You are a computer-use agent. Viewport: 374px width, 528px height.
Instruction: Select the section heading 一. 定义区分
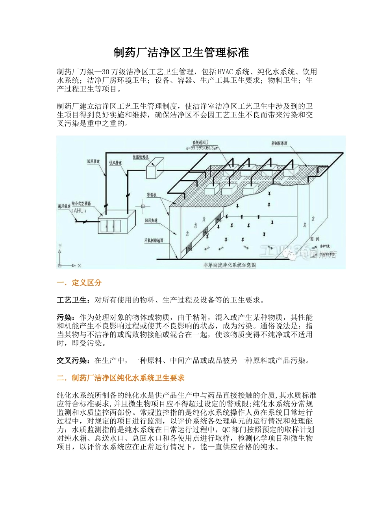pyautogui.click(x=79, y=282)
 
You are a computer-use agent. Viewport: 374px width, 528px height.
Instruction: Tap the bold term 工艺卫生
pyautogui.click(x=72, y=300)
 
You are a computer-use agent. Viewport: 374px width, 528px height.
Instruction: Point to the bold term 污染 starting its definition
pyautogui.click(x=64, y=317)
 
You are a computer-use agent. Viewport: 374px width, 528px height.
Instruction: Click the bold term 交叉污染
pyautogui.click(x=72, y=361)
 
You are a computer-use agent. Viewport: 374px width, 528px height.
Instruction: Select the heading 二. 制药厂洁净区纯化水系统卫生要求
pyautogui.click(x=120, y=378)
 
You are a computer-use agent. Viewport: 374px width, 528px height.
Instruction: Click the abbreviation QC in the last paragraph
pyautogui.click(x=227, y=430)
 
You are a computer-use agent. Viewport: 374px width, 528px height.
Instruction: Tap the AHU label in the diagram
pyautogui.click(x=79, y=211)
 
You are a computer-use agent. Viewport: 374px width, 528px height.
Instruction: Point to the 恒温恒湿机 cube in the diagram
pyautogui.click(x=155, y=167)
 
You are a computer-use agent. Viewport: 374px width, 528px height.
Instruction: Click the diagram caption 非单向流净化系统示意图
pyautogui.click(x=230, y=265)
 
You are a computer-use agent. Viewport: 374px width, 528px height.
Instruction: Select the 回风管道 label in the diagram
pyautogui.click(x=93, y=161)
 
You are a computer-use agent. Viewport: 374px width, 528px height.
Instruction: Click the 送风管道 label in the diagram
pyautogui.click(x=115, y=163)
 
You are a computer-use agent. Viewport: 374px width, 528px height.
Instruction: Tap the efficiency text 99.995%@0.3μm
pyautogui.click(x=204, y=148)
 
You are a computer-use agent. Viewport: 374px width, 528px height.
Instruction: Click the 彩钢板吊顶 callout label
pyautogui.click(x=279, y=143)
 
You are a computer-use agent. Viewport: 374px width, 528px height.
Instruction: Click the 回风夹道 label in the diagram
pyautogui.click(x=151, y=221)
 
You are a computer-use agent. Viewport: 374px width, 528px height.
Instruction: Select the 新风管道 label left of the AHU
pyautogui.click(x=64, y=206)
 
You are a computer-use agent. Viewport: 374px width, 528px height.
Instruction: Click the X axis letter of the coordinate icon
pyautogui.click(x=79, y=266)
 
